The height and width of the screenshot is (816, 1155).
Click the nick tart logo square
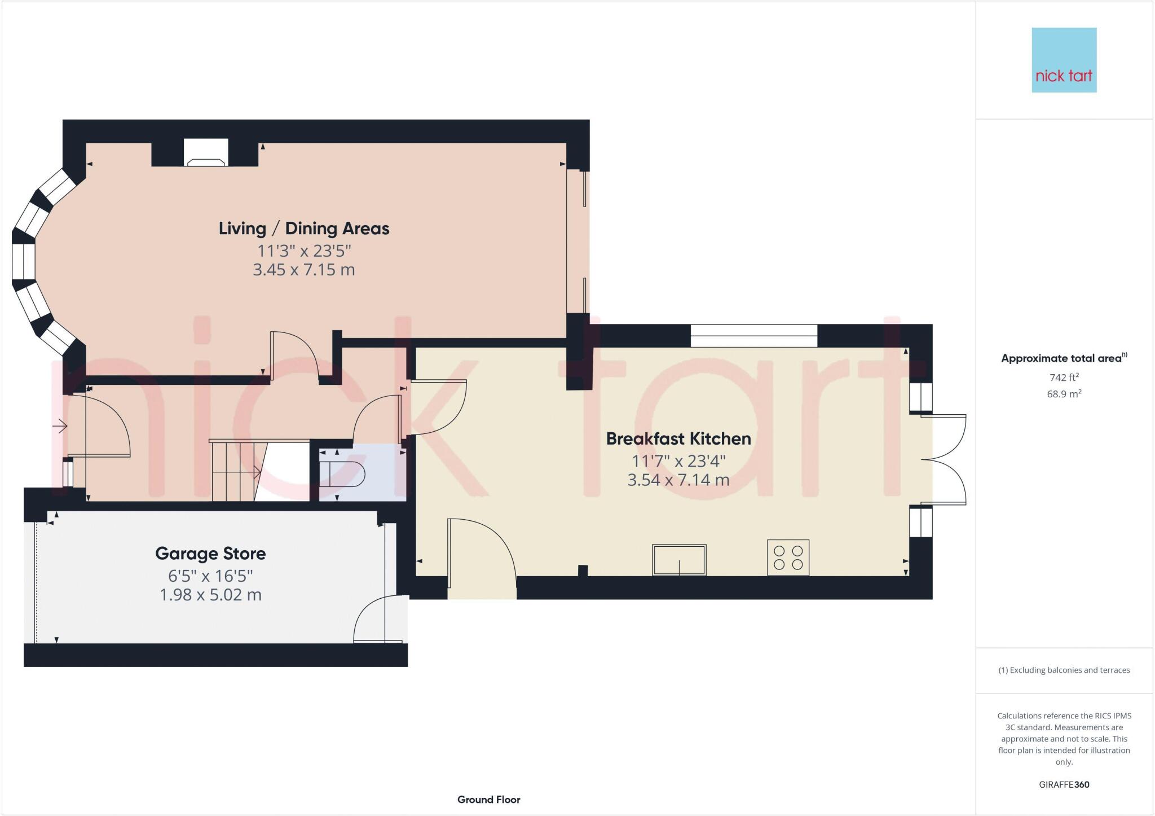click(1064, 60)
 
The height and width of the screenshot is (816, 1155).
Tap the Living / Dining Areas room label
click(304, 229)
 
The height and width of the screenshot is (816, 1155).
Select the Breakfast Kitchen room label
click(678, 438)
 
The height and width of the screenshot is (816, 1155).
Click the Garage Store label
click(210, 554)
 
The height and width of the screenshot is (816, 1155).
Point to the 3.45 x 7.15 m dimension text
click(304, 270)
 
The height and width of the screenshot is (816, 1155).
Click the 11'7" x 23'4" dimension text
click(678, 461)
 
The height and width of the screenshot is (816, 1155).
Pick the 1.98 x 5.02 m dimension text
click(210, 595)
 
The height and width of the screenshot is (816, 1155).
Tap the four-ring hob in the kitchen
click(788, 558)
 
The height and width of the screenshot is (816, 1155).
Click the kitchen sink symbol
click(679, 559)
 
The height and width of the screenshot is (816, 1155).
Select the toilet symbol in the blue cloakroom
click(341, 473)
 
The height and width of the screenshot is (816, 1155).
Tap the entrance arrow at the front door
click(60, 426)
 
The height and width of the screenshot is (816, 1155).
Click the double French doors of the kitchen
click(944, 460)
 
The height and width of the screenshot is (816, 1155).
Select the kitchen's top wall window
click(753, 336)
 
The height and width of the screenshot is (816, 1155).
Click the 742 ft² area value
click(1064, 378)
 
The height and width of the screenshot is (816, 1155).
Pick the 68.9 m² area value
click(1064, 394)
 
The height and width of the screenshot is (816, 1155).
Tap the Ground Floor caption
click(488, 800)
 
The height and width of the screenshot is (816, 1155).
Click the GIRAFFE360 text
click(1064, 784)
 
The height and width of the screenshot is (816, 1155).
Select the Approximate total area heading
click(1063, 358)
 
